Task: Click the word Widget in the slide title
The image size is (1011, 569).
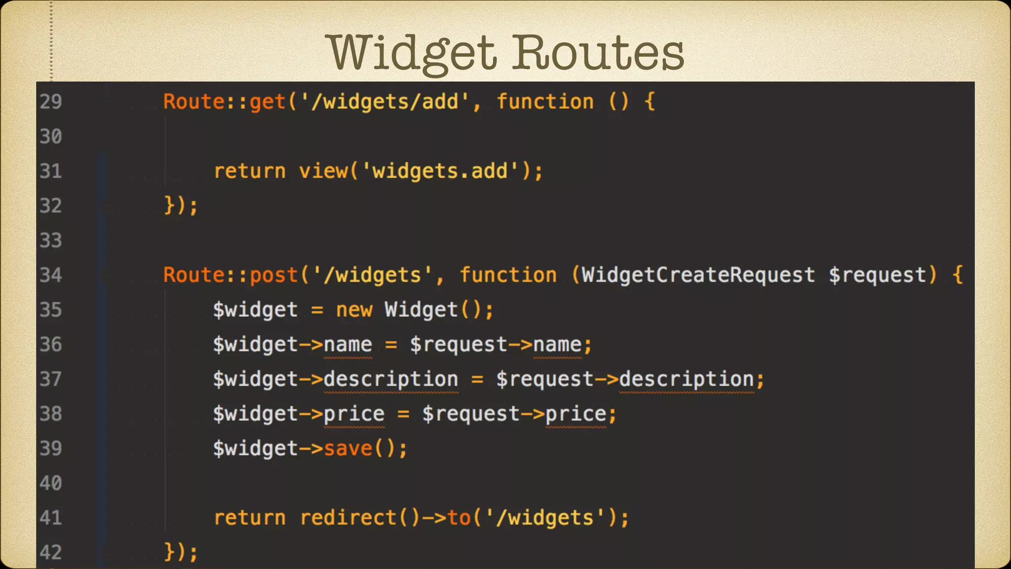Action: click(x=413, y=53)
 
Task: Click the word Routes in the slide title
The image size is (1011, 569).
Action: click(x=598, y=53)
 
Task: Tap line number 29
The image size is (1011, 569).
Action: click(x=51, y=102)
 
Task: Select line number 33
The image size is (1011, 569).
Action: click(x=51, y=241)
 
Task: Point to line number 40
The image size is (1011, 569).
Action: click(x=51, y=483)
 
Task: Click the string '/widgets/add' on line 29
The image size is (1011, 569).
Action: click(x=385, y=102)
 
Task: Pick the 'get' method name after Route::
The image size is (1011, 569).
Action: click(x=268, y=102)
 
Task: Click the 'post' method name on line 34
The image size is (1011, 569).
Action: click(x=274, y=275)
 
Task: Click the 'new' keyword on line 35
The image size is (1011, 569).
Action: click(x=354, y=310)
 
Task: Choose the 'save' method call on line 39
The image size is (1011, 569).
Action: click(x=348, y=448)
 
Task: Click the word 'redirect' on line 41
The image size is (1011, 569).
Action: click(x=348, y=518)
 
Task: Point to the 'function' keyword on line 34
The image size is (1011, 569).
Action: click(x=508, y=275)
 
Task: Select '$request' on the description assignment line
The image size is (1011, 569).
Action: click(x=545, y=379)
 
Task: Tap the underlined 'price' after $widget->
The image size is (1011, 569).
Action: click(x=354, y=414)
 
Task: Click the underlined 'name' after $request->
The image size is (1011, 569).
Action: click(x=557, y=345)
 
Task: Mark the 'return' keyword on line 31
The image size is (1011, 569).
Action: click(x=250, y=171)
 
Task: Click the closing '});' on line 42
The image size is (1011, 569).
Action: click(x=181, y=552)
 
